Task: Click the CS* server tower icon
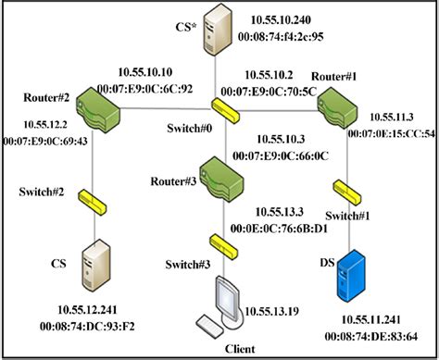(x=219, y=29)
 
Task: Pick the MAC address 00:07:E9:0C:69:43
(x=44, y=140)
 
